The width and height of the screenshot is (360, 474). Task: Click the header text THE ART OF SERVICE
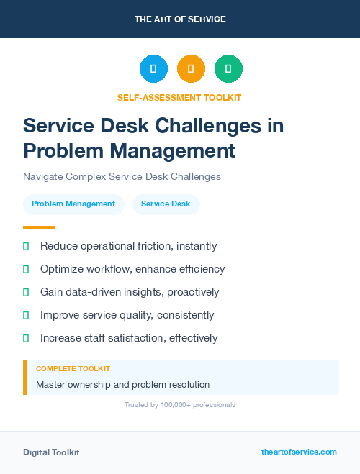[180, 19]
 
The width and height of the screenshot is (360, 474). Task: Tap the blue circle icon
[153, 69]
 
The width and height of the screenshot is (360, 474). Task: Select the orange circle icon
[191, 69]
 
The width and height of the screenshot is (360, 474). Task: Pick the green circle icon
[228, 69]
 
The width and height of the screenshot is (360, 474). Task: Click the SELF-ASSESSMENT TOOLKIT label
[180, 97]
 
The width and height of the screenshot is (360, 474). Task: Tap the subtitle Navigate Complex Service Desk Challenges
[122, 176]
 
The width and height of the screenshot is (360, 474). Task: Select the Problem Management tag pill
[73, 204]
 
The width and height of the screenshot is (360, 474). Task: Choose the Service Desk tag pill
[166, 204]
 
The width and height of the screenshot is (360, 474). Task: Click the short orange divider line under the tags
[34, 227]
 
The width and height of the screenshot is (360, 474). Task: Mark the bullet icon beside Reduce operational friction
[26, 247]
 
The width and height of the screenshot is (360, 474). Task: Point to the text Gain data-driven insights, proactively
[130, 292]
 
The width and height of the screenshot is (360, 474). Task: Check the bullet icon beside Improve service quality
[26, 315]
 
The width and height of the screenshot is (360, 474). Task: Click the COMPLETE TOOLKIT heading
[67, 369]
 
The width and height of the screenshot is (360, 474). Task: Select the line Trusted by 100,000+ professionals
[180, 405]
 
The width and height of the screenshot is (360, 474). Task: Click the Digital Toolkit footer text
[51, 452]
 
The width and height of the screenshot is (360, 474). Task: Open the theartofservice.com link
[299, 452]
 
